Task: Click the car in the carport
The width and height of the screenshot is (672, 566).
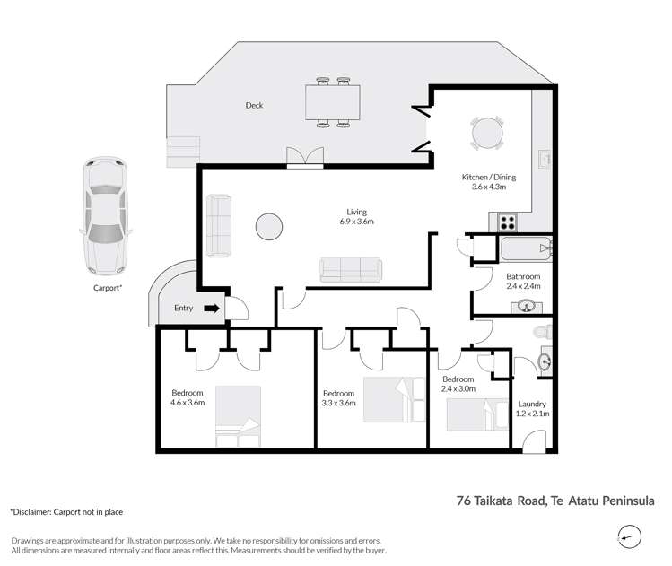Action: pyautogui.click(x=105, y=217)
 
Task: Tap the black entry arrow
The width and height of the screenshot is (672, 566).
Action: pyautogui.click(x=212, y=309)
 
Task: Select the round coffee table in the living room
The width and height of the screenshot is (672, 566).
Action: pyautogui.click(x=269, y=226)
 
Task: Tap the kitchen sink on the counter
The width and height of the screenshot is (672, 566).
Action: pyautogui.click(x=544, y=161)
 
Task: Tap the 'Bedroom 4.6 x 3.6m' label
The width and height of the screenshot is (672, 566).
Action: pyautogui.click(x=188, y=397)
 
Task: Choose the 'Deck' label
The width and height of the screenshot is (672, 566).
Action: pyautogui.click(x=255, y=105)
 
